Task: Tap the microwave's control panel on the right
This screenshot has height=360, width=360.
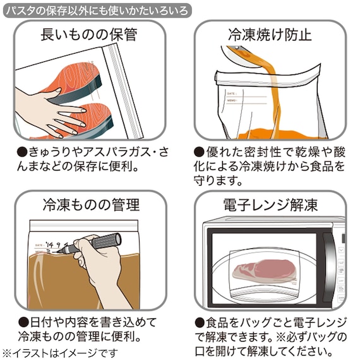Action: tap(339, 265)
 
